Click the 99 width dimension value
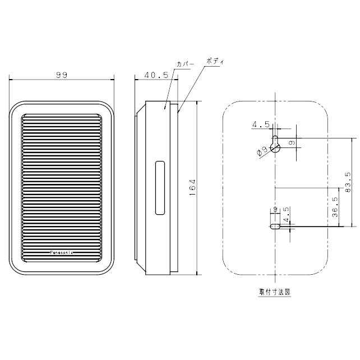click(62, 75)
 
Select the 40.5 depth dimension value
click(156, 75)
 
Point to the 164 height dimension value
click(192, 187)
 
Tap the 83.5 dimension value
click(348, 182)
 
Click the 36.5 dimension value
click(335, 207)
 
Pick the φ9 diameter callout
click(262, 151)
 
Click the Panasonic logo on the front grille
click(62, 252)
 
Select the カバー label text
click(185, 64)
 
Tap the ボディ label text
click(215, 61)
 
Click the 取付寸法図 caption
click(275, 292)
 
